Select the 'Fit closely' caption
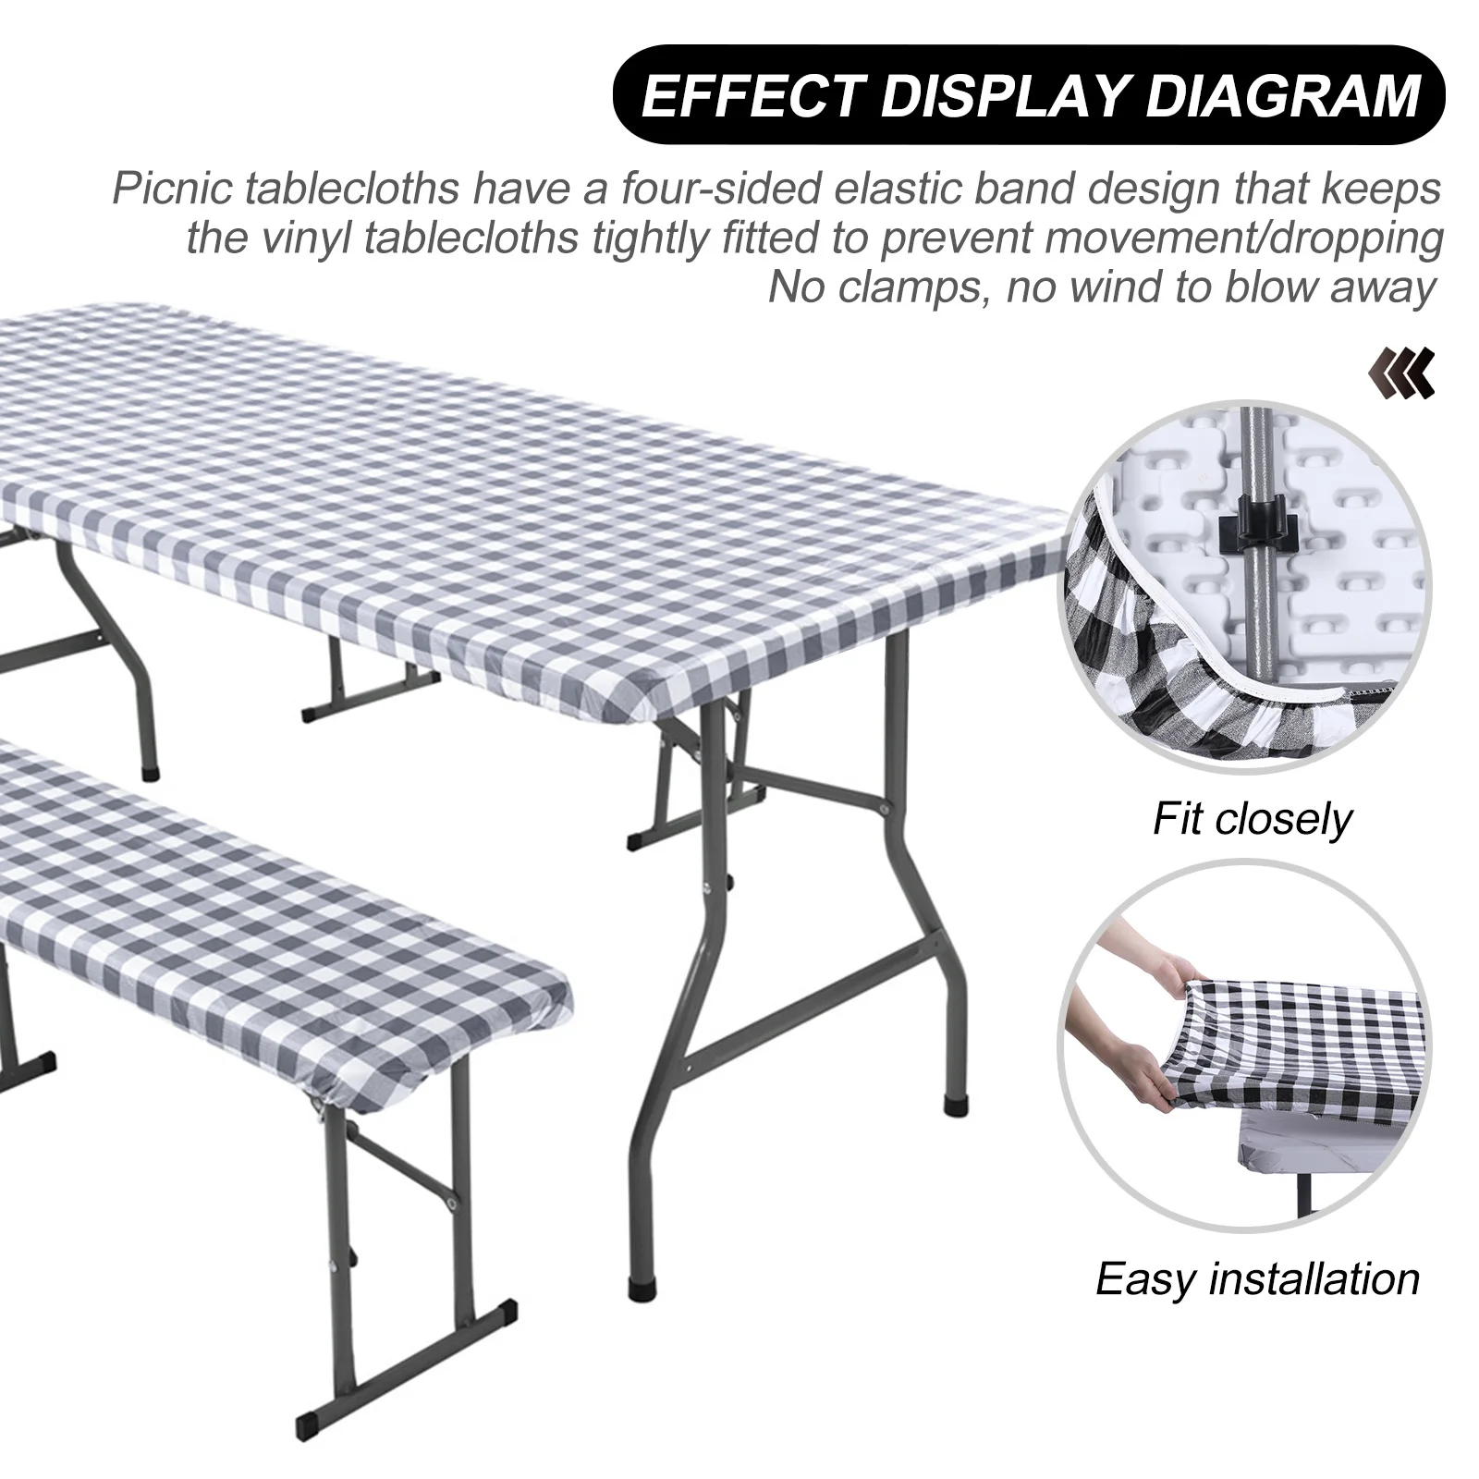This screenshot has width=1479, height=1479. tap(1252, 819)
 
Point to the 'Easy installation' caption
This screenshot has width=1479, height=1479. tap(1257, 1279)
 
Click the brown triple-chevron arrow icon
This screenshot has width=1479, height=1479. tap(1401, 373)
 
